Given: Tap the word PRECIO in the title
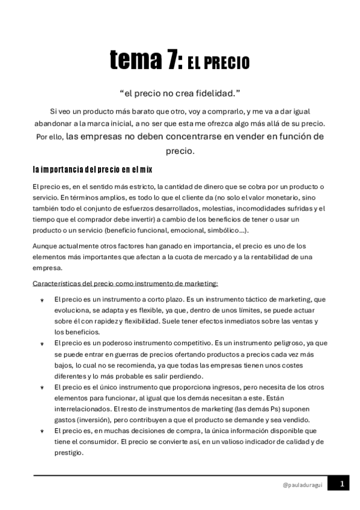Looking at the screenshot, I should coord(227,63).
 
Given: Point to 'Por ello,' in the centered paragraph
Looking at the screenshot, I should coord(49,137).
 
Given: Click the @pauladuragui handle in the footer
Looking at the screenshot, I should coord(303,484).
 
